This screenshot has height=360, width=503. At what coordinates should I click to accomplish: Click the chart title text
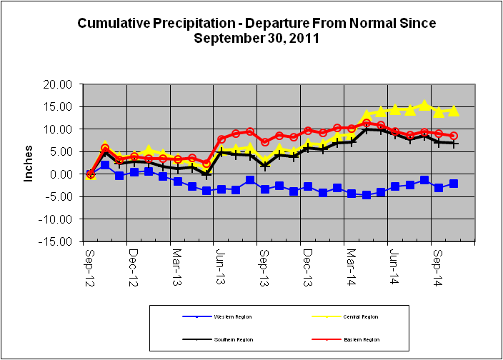[256, 30]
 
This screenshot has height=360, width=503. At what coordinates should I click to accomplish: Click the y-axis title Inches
[29, 164]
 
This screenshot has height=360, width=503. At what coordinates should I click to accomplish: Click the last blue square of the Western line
[454, 184]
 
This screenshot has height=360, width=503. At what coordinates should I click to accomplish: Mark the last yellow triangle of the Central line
[454, 111]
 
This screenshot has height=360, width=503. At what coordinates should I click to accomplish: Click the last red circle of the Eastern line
[454, 136]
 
